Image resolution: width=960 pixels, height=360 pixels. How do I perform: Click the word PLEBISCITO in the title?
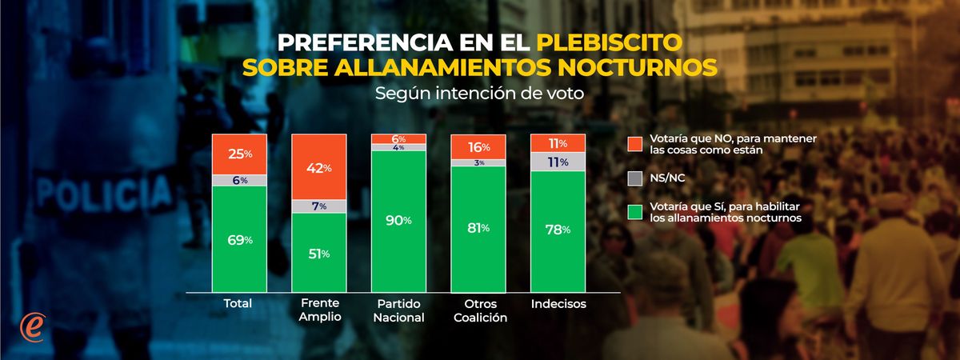(609, 41)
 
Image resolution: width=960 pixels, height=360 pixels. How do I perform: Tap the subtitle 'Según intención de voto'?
(479, 93)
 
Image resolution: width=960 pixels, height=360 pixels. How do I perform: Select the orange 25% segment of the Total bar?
(238, 153)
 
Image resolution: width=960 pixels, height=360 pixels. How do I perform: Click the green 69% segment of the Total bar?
(238, 239)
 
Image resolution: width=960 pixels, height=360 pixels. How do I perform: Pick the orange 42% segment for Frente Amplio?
(318, 168)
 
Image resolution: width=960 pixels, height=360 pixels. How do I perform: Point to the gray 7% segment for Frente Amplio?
(318, 207)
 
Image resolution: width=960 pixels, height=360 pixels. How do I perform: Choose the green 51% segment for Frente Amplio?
(318, 254)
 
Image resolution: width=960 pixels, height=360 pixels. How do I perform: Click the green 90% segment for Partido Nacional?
(398, 220)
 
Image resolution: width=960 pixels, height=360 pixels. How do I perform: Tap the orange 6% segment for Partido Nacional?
(398, 138)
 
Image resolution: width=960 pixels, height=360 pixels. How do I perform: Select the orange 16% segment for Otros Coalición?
(478, 146)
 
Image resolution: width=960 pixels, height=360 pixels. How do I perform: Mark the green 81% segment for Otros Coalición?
(478, 228)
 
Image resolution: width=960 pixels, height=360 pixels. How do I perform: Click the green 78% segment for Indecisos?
(558, 230)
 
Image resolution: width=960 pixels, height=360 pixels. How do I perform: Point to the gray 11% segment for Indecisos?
(558, 162)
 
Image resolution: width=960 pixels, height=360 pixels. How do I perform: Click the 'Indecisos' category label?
(558, 304)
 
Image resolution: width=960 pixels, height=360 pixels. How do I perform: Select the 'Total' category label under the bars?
(238, 304)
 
